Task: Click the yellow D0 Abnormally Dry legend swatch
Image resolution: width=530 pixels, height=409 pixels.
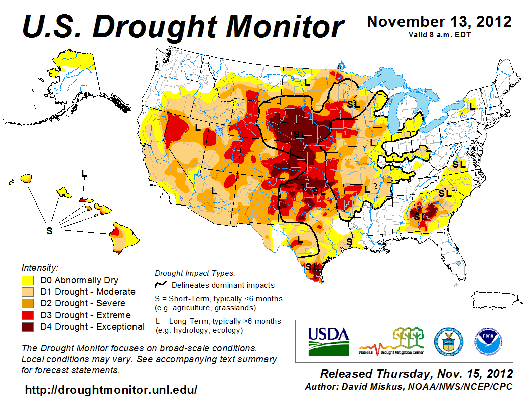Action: (28, 280)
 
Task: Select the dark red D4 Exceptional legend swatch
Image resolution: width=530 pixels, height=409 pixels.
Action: (28, 327)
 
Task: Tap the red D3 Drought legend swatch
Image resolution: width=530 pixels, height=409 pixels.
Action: (28, 315)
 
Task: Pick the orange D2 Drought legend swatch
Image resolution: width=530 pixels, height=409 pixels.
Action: (28, 303)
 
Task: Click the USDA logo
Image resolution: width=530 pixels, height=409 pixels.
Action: (328, 341)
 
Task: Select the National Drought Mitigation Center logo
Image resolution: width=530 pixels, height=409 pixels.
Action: (391, 341)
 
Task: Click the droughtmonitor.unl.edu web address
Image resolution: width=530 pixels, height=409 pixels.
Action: (111, 390)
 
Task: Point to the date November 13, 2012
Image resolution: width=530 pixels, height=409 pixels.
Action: (440, 22)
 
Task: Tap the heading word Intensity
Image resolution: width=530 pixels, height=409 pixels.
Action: (40, 268)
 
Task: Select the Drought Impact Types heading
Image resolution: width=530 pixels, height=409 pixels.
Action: (195, 273)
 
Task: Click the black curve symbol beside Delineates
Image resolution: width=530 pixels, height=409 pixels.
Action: (161, 285)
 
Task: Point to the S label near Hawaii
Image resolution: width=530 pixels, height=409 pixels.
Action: (49, 230)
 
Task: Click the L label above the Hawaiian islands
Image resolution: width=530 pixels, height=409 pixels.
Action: (84, 173)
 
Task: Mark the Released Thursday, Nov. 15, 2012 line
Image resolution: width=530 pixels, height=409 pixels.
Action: (417, 374)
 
